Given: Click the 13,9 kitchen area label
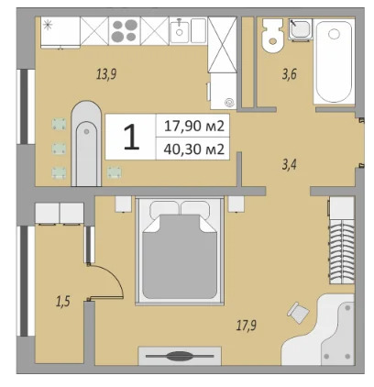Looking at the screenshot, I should tap(106, 75).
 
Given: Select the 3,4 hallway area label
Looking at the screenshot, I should tap(288, 165).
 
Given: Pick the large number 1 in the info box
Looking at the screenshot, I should tap(131, 138).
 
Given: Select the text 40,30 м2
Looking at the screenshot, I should tap(194, 149).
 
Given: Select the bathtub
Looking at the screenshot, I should tap(334, 64).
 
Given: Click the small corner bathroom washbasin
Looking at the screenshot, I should tap(300, 30).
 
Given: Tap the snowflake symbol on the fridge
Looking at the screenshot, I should tap(49, 25).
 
